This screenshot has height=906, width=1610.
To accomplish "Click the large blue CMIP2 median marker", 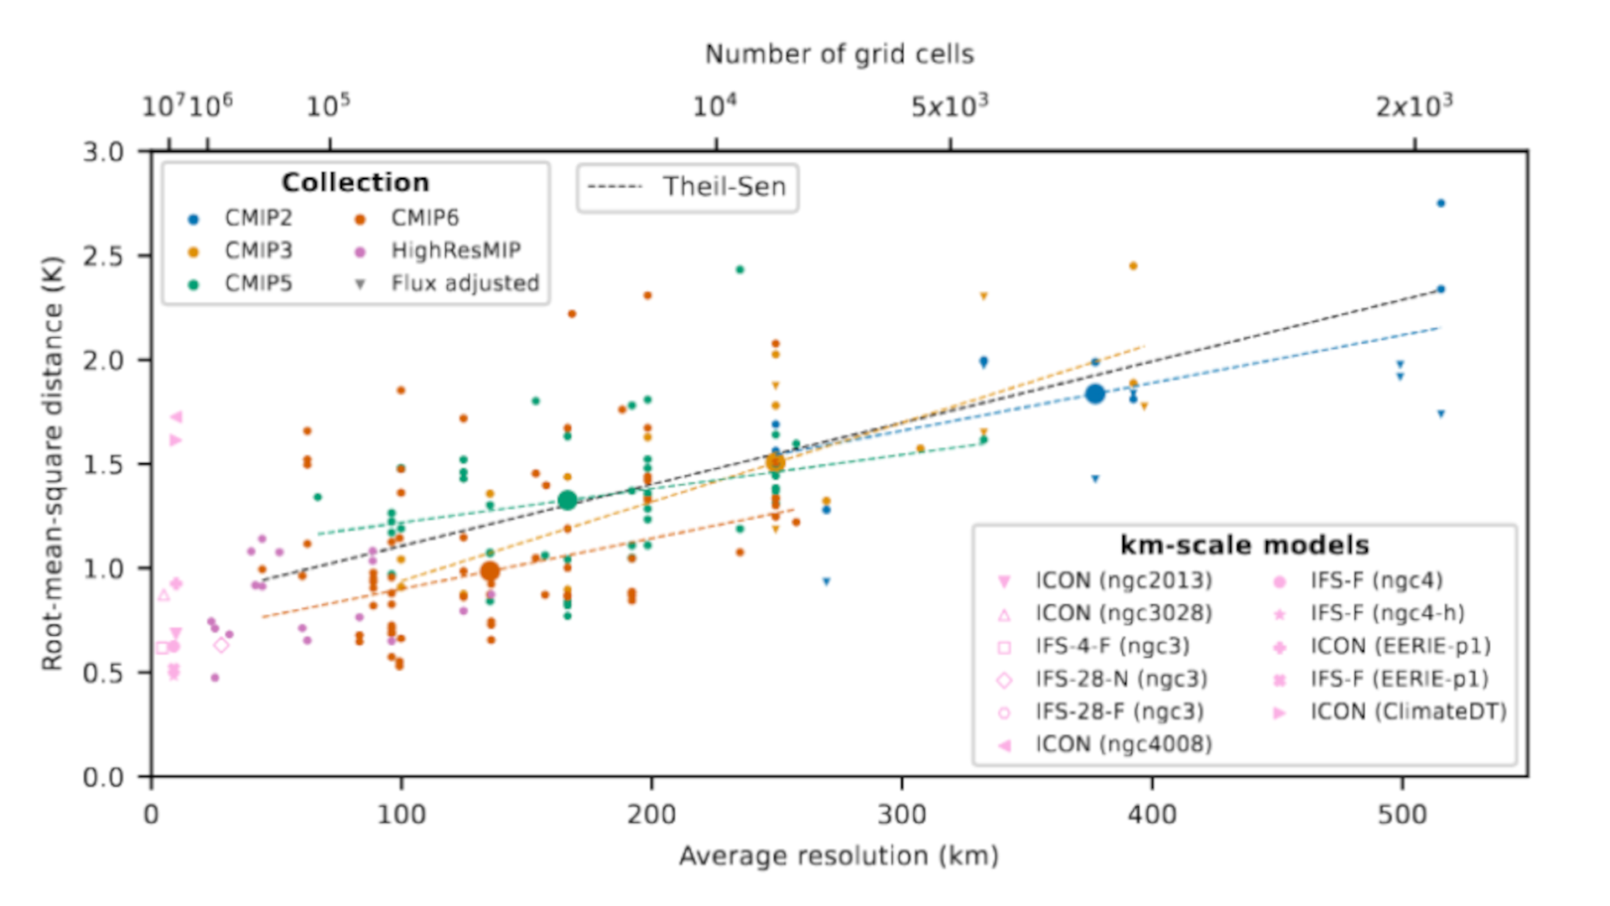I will [x=1094, y=393].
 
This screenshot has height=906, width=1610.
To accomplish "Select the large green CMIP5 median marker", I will [x=568, y=500].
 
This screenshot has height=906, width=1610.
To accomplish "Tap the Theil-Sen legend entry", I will [x=688, y=187].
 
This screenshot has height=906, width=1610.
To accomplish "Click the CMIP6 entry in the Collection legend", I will [x=424, y=218].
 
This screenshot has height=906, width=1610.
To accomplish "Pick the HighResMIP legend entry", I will [x=454, y=251].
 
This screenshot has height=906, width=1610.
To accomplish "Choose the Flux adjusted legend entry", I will [x=465, y=284].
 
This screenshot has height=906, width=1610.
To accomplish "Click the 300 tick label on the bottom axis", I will [x=901, y=815].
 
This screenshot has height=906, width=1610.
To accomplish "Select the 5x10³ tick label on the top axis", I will [x=949, y=107].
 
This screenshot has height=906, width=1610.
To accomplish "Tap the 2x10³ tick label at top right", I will [x=1414, y=107].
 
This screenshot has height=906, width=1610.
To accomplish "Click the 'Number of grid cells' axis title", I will [x=839, y=55].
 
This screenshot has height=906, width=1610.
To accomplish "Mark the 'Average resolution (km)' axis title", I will [x=839, y=857].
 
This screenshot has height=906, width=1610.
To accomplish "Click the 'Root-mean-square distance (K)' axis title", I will [x=53, y=463].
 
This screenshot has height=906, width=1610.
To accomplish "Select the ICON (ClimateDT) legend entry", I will [x=1408, y=712].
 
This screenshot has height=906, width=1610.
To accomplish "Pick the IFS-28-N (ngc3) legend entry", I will [x=1121, y=679].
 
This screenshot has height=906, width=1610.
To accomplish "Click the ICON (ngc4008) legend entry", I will [x=1123, y=745].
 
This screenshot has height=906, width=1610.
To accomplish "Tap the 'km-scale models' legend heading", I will [x=1244, y=545].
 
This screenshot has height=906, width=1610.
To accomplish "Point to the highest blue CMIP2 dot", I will [x=1441, y=203].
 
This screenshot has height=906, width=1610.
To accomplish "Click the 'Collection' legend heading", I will [x=355, y=183].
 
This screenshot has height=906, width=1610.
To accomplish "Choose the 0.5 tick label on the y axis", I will [x=102, y=674].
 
